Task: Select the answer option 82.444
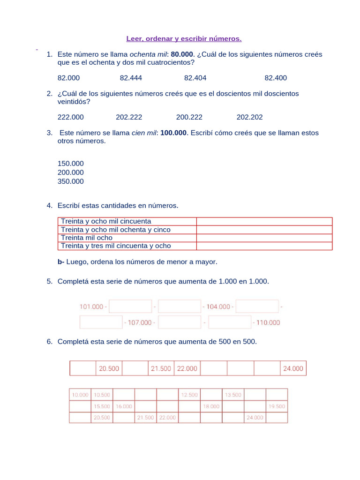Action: pyautogui.click(x=131, y=78)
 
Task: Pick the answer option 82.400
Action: pyautogui.click(x=276, y=78)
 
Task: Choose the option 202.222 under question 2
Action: pyautogui.click(x=129, y=117)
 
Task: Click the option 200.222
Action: pyautogui.click(x=189, y=117)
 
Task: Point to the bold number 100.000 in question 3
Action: pyautogui.click(x=173, y=133)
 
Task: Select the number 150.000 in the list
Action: pyautogui.click(x=71, y=164)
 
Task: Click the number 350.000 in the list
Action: pyautogui.click(x=71, y=181)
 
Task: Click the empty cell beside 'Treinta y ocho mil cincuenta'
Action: pyautogui.click(x=264, y=221)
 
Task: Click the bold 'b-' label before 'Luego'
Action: pyautogui.click(x=61, y=262)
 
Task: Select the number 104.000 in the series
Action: pyautogui.click(x=218, y=307)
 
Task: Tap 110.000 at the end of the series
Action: pyautogui.click(x=268, y=322)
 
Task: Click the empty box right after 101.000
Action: pyautogui.click(x=130, y=307)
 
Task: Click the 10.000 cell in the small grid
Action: pyautogui.click(x=80, y=395)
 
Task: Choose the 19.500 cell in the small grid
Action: pyautogui.click(x=277, y=406)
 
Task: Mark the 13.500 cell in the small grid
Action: pyautogui.click(x=233, y=395)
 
